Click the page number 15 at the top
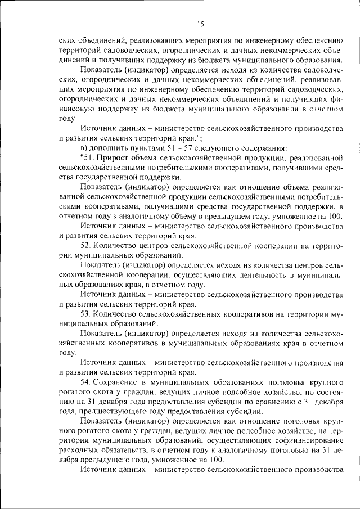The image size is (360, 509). click(200, 23)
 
